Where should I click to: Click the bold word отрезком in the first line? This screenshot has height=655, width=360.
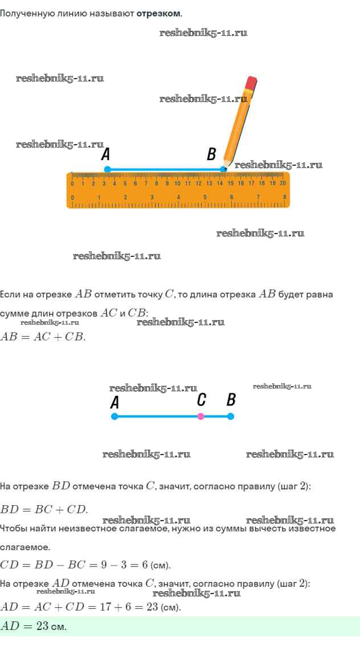click(x=159, y=13)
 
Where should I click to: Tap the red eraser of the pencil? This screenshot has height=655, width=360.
click(x=251, y=83)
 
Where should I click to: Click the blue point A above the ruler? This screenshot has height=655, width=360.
click(x=107, y=169)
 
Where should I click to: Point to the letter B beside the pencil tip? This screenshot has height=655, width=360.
click(x=212, y=154)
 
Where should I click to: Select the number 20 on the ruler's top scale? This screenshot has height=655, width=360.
click(x=283, y=183)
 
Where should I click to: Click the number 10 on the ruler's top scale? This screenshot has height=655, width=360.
click(x=178, y=183)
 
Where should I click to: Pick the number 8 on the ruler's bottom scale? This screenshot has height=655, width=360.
click(x=284, y=197)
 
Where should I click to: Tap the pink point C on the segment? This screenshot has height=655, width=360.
click(x=201, y=416)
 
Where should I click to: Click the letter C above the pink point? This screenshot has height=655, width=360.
click(x=201, y=400)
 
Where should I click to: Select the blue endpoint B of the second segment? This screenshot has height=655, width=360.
click(x=231, y=416)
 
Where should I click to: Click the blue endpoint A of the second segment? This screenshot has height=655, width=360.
click(x=115, y=416)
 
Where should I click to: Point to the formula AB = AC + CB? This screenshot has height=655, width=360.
click(x=43, y=337)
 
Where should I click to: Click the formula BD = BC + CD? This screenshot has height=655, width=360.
click(x=44, y=509)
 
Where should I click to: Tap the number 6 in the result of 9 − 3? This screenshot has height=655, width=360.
click(x=145, y=565)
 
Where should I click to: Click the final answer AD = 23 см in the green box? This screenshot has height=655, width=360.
click(x=34, y=626)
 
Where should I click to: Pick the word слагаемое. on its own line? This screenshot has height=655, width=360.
click(x=25, y=547)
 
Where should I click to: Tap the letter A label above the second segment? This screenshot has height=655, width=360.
click(x=115, y=403)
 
